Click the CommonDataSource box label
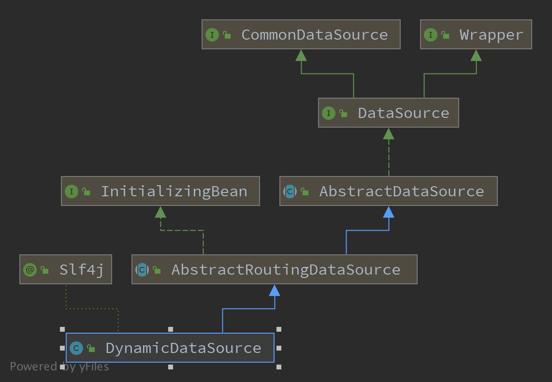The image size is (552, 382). pos(314,35)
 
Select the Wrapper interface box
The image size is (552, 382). pos(476,35)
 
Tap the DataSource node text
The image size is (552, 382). pos(403,113)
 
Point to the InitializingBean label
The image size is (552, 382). pos(174,191)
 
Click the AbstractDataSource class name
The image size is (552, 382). pos(401,191)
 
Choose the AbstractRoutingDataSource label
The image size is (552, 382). pos(286,270)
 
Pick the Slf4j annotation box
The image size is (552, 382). pos(66,269)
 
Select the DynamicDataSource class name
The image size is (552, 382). pos(183,348)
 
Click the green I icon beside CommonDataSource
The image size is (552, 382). pos(212,35)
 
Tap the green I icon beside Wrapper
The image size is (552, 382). pos(430,35)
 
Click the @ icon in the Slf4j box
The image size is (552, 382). pos(30,270)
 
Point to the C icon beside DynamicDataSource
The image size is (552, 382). pos(76,348)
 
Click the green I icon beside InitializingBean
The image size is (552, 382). pos(71,191)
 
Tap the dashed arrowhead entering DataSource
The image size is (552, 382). pos(389,133)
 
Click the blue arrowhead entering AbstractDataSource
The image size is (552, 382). pos(389,212)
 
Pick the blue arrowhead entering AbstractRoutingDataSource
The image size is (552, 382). pos(275,290)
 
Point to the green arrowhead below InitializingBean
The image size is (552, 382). pos(160,212)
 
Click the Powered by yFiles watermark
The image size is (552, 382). pos(59,367)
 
